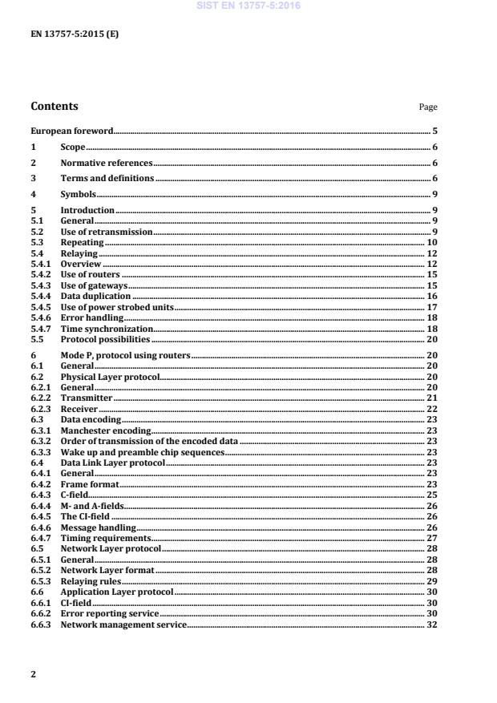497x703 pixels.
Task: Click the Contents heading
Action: (x=55, y=106)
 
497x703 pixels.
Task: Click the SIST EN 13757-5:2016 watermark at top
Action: (x=248, y=6)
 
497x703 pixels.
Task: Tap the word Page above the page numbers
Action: (x=428, y=107)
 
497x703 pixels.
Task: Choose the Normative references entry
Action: (x=107, y=163)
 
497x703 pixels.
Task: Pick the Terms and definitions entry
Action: (x=107, y=178)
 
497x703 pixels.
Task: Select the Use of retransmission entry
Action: (x=107, y=232)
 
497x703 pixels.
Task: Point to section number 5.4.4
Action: (x=41, y=296)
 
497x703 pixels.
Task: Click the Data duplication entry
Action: (x=95, y=296)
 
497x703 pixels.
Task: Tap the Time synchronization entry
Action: (x=107, y=329)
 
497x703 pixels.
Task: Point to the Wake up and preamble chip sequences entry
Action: (x=143, y=452)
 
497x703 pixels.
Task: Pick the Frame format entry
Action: (x=90, y=484)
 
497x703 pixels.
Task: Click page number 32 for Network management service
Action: (x=432, y=624)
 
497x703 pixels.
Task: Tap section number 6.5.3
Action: (x=41, y=580)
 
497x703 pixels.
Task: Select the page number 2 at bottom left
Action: (x=34, y=674)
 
